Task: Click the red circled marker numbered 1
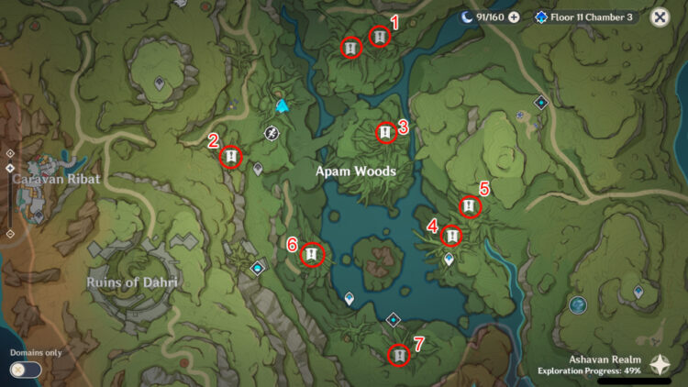(x=379, y=37)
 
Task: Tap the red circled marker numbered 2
(x=230, y=158)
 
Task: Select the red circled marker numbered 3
(x=385, y=133)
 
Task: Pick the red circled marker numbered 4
(x=451, y=236)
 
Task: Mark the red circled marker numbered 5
(x=470, y=207)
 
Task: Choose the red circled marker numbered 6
(x=312, y=254)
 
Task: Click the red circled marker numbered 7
(x=399, y=355)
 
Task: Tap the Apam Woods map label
(x=356, y=171)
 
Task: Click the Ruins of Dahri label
(x=132, y=282)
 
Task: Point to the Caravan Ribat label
(x=56, y=180)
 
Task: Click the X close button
(x=660, y=17)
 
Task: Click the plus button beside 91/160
(x=514, y=17)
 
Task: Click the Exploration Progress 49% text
(x=589, y=370)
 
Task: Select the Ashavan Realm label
(x=605, y=359)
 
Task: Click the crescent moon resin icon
(x=468, y=17)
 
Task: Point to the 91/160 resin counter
(x=490, y=17)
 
